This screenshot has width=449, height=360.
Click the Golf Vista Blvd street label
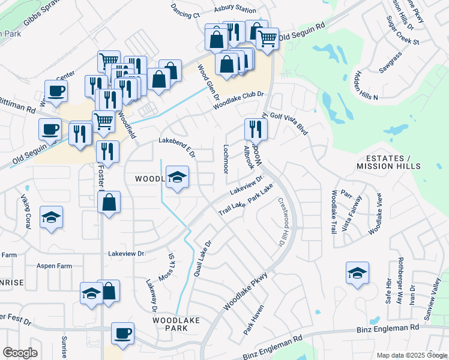[x=289, y=123]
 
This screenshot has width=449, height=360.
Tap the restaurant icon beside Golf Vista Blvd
[x=255, y=128]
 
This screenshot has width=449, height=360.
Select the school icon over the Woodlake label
[x=177, y=176]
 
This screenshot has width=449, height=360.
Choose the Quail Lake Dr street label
[x=202, y=259]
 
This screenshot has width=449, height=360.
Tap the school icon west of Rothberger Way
[x=357, y=273]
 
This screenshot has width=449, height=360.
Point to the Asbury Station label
[x=236, y=10]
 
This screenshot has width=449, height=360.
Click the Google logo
[x=20, y=353]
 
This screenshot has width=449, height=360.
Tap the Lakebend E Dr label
[x=177, y=147]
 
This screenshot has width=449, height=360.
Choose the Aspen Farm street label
[x=54, y=265]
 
